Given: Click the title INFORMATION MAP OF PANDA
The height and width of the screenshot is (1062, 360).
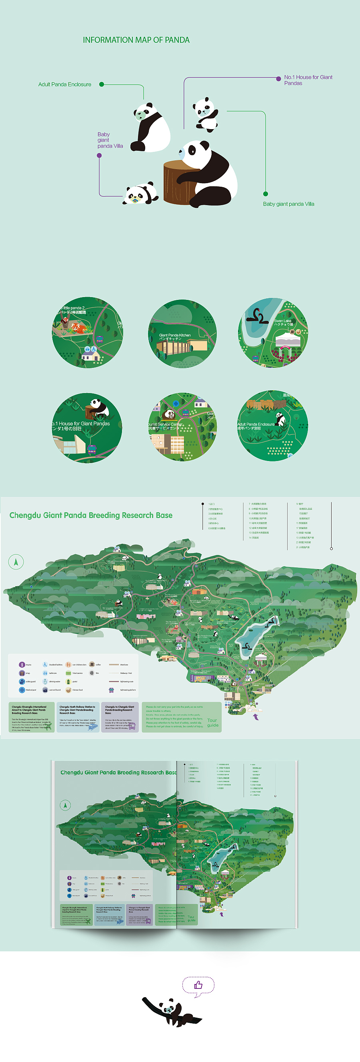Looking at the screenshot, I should (x=136, y=40).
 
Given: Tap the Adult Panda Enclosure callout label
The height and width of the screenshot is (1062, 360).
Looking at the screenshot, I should (x=65, y=84).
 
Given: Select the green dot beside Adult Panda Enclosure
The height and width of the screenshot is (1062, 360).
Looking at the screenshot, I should (x=102, y=84).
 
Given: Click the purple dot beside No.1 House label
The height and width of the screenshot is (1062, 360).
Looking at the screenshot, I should (x=279, y=78).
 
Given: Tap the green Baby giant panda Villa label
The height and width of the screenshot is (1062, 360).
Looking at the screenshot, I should (x=288, y=204).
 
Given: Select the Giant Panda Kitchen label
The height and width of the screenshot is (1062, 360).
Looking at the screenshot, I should (x=175, y=336).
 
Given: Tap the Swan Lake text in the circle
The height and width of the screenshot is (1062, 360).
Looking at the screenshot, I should (x=283, y=322).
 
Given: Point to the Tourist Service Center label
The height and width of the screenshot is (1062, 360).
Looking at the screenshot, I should (x=165, y=426).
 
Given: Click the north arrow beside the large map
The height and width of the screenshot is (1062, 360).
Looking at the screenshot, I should (x=16, y=561).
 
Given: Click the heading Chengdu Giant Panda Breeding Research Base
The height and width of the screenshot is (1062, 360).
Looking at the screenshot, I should (x=91, y=515).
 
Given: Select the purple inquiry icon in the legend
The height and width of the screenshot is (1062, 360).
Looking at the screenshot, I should (x=22, y=665).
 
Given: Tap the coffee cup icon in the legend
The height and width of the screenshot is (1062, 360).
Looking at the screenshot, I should (x=92, y=665).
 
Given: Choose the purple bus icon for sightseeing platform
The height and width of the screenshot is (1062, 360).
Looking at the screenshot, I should (x=111, y=690).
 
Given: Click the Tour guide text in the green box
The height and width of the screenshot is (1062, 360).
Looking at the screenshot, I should (x=212, y=723).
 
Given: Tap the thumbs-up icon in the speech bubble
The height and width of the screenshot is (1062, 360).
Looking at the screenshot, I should (x=198, y=985).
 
